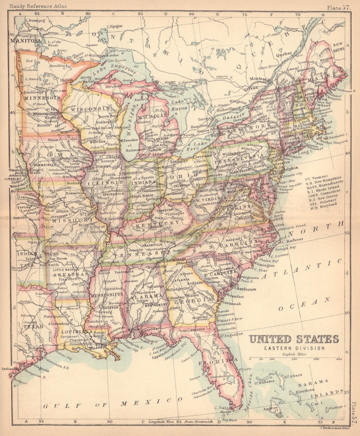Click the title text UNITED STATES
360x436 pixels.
[x=294, y=339]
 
